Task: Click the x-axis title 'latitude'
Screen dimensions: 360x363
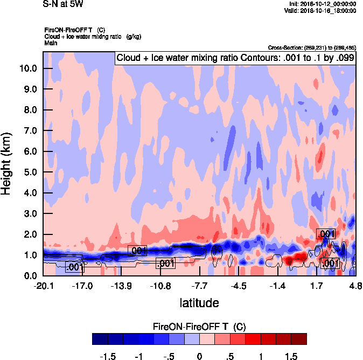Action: coord(199,303)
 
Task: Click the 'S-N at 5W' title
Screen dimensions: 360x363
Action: coord(63,3)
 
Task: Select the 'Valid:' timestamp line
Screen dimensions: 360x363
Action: coord(322,10)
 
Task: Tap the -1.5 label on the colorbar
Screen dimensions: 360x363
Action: coord(109,356)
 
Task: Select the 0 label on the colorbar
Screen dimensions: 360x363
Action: coord(199,356)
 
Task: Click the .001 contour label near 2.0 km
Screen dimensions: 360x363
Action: coord(326,234)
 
